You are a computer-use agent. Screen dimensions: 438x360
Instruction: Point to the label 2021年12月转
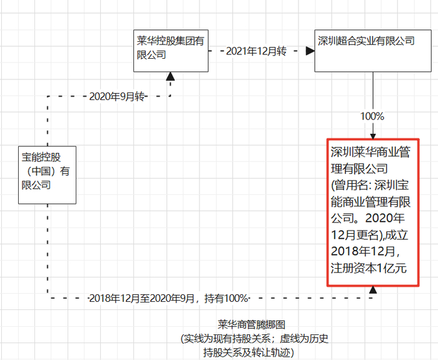[x=256, y=51]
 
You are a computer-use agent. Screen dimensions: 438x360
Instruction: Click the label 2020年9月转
[x=117, y=96]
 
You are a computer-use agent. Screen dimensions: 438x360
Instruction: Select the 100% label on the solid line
[x=372, y=116]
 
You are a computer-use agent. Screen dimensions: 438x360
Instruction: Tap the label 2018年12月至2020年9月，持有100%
[x=168, y=298]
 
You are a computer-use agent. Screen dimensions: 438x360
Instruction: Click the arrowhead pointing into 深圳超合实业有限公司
[x=310, y=51]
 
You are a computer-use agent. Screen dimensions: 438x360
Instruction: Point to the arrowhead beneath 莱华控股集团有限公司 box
[x=170, y=76]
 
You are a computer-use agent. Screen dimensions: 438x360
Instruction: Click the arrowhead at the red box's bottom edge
[x=373, y=290]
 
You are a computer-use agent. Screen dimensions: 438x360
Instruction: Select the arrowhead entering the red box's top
[x=373, y=136]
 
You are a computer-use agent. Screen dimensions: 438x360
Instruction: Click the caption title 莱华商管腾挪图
[x=252, y=325]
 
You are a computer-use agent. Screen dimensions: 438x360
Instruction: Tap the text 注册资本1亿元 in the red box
[x=369, y=268]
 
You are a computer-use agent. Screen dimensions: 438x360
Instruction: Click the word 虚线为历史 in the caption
[x=304, y=339]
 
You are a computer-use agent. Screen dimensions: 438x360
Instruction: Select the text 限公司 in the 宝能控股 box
[x=36, y=185]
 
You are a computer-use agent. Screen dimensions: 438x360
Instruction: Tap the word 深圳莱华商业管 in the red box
[x=370, y=152]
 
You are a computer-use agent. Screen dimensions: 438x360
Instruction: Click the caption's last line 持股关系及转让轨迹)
[x=248, y=352]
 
